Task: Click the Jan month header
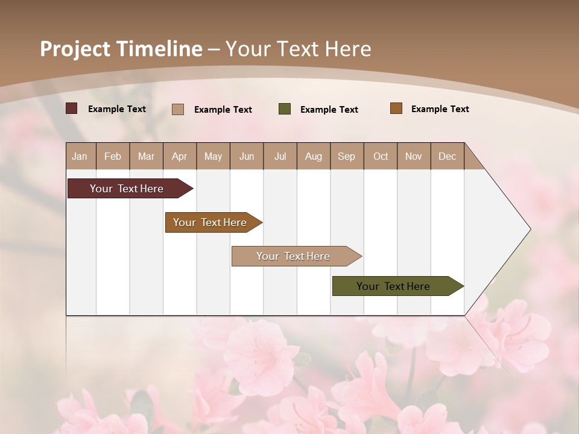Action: (x=80, y=156)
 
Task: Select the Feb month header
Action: (x=113, y=156)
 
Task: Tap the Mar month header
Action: (x=146, y=156)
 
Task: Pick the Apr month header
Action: (x=180, y=156)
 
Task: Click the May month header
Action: (x=213, y=156)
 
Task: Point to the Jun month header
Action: (x=247, y=156)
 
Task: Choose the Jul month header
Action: (x=280, y=156)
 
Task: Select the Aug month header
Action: (x=314, y=156)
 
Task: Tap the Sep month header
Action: (x=347, y=156)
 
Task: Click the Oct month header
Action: (x=381, y=156)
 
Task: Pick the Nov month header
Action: (x=414, y=156)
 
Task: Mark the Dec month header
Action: (x=447, y=156)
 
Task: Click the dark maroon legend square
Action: (x=72, y=108)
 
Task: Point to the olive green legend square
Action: (x=285, y=109)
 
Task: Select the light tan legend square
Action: (x=178, y=109)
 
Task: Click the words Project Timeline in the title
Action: (x=121, y=49)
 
